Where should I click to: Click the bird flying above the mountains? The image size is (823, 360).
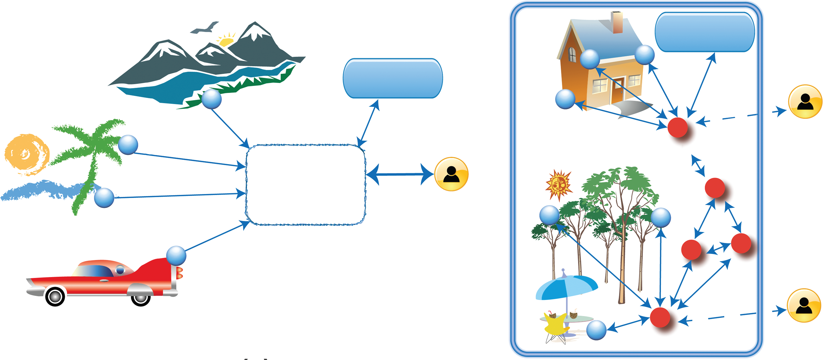(205, 28)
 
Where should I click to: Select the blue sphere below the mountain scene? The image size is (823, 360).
(211, 99)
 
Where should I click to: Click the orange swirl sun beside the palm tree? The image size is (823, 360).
(26, 155)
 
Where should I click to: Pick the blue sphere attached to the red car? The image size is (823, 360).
(176, 256)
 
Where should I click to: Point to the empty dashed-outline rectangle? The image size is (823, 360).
(305, 185)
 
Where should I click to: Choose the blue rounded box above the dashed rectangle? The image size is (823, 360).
(393, 78)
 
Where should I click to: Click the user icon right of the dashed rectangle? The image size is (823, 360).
(451, 174)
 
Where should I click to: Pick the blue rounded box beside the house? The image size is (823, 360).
(704, 32)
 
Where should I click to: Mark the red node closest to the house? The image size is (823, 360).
(677, 127)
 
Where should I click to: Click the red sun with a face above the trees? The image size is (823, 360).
(558, 185)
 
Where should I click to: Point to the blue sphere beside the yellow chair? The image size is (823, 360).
(596, 330)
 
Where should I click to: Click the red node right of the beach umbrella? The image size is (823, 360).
(660, 317)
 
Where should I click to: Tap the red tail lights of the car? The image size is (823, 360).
(180, 273)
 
